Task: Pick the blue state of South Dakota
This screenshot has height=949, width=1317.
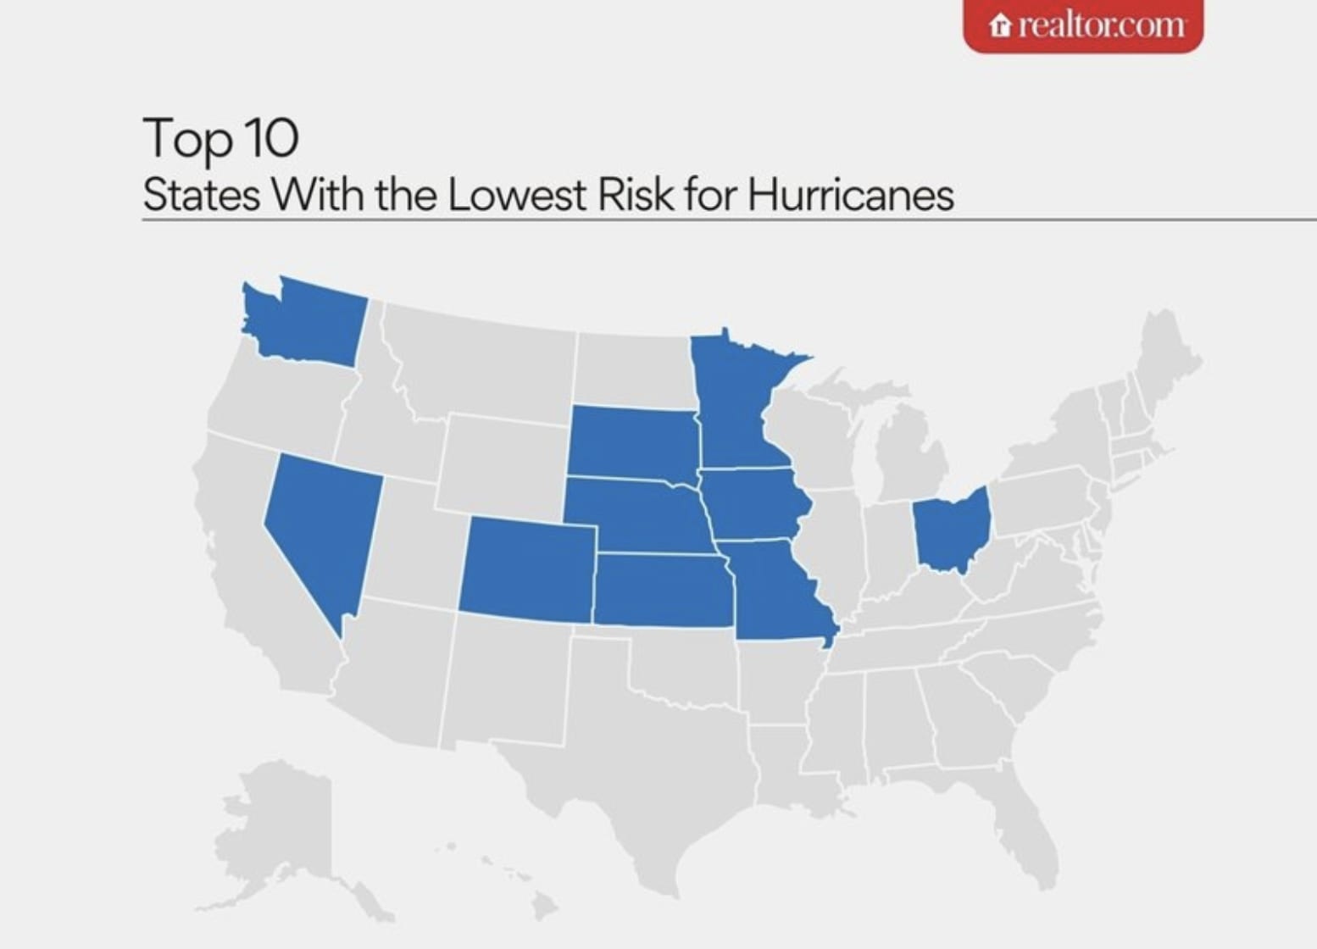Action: (631, 441)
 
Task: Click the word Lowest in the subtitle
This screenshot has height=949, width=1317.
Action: (516, 194)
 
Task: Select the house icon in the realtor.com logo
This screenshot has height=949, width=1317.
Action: (1001, 26)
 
